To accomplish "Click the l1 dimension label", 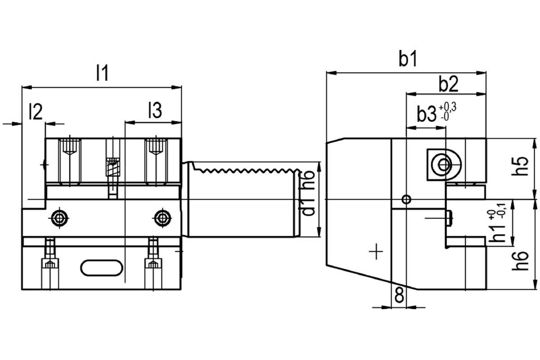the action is [x=102, y=72].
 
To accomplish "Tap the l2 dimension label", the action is [x=36, y=112].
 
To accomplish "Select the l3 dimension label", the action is [x=155, y=110].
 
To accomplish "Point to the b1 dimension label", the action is [x=408, y=59].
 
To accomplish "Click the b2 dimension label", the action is [x=448, y=85].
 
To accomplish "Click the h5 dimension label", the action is [x=521, y=166].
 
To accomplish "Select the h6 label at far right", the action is [x=521, y=261].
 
